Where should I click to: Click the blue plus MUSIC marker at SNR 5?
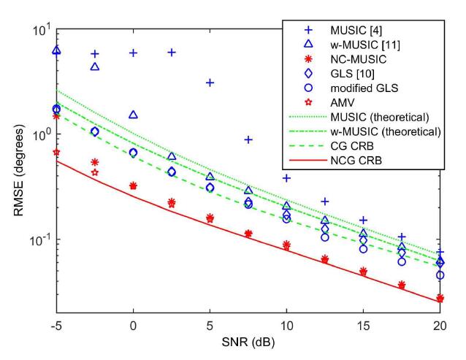click(x=210, y=83)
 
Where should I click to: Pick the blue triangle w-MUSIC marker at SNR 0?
click(x=133, y=115)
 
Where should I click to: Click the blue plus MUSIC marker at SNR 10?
click(x=286, y=178)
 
